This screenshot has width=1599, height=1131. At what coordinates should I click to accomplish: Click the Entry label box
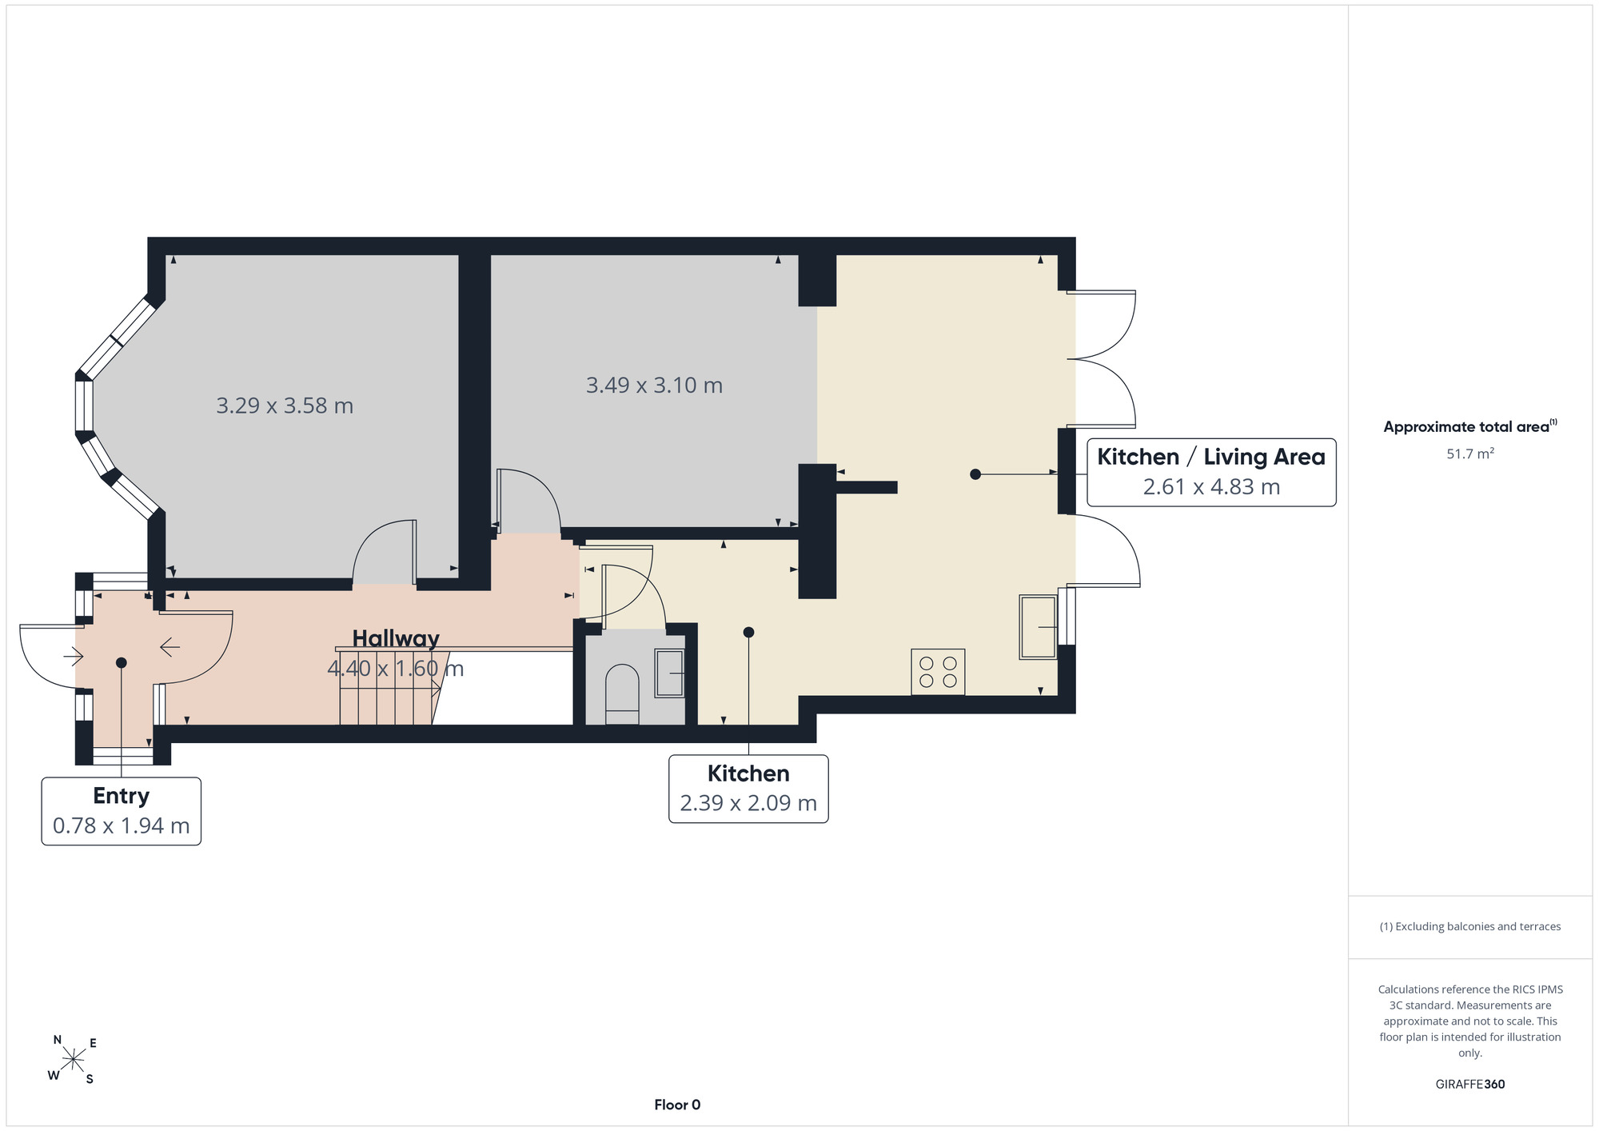(x=121, y=811)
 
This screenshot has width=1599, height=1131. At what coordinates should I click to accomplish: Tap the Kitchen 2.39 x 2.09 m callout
(x=748, y=789)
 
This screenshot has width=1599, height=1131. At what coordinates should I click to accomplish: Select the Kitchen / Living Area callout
(x=1211, y=472)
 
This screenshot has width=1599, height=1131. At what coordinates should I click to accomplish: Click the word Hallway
(x=396, y=638)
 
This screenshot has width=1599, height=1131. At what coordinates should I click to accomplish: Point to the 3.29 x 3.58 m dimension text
(x=285, y=406)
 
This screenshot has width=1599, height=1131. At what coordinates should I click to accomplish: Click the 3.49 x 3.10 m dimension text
(x=654, y=386)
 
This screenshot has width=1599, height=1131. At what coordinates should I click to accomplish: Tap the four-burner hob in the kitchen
(x=938, y=672)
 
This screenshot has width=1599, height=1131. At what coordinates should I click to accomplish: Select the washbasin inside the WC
(x=670, y=673)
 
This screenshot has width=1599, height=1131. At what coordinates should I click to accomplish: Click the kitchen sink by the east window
(x=1038, y=627)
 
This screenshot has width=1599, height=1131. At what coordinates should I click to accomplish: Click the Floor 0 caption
(x=677, y=1105)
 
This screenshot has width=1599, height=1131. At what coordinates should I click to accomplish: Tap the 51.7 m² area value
(x=1470, y=454)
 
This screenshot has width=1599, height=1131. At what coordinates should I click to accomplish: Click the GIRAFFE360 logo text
(x=1470, y=1085)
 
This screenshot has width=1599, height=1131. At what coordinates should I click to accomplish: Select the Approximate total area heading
(x=1470, y=426)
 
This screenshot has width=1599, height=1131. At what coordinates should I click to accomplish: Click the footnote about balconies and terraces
(x=1470, y=926)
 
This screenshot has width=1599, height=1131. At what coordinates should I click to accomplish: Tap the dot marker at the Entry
(x=122, y=662)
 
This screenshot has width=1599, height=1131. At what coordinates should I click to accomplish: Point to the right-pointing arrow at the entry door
(x=74, y=657)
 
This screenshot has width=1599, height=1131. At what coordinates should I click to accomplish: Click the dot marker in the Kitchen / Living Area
(x=975, y=474)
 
